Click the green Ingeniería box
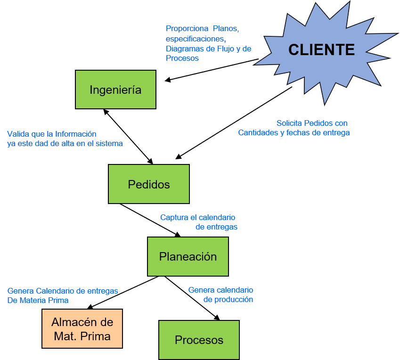pos(115,90)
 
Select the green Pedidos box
pos(149,184)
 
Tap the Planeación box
pos(188,257)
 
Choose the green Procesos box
pos(199,340)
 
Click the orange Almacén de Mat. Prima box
pos(82,329)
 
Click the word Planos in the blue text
pos(226,29)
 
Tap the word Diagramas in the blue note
pos(184,49)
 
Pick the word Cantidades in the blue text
pos(258,132)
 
